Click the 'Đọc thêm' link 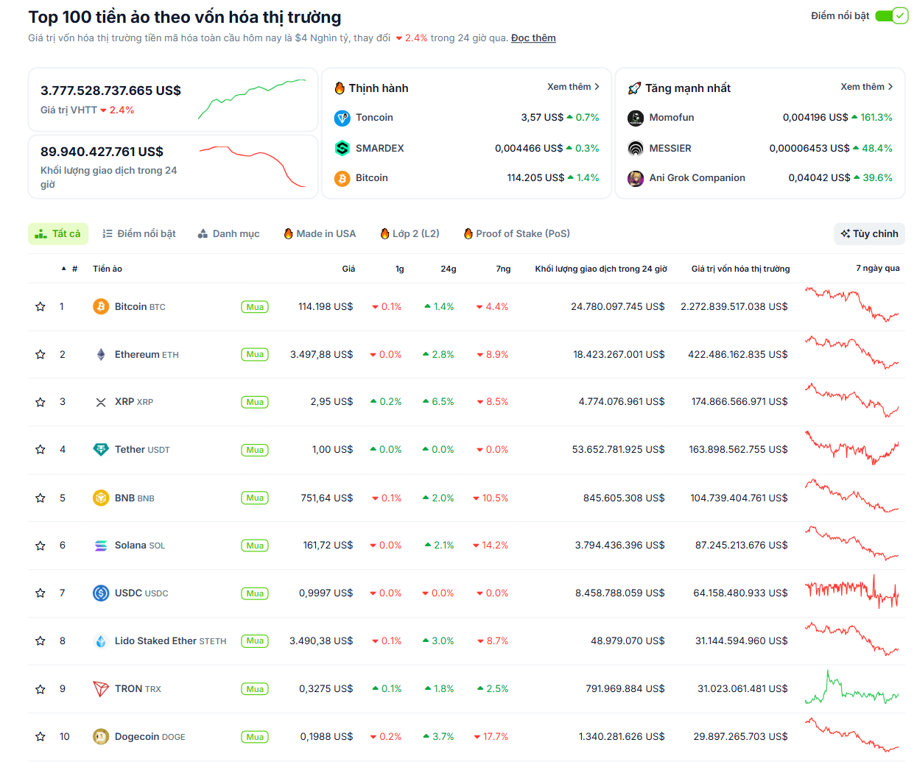tap(533, 38)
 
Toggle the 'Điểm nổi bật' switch tap(891, 15)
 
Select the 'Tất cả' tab tap(58, 233)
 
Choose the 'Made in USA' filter tap(320, 233)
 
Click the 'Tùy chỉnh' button tap(869, 233)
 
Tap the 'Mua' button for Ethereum tap(255, 355)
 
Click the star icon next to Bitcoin tap(41, 307)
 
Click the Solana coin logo tap(101, 546)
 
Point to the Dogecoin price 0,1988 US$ tap(326, 736)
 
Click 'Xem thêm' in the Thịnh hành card tap(573, 87)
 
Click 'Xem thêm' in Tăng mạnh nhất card tap(866, 87)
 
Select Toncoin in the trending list tap(374, 118)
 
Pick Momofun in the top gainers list tap(671, 118)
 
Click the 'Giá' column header tap(348, 269)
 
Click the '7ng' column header tap(503, 269)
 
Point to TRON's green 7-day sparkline tap(851, 689)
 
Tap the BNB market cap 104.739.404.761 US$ tap(739, 498)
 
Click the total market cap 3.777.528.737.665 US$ tap(110, 91)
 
